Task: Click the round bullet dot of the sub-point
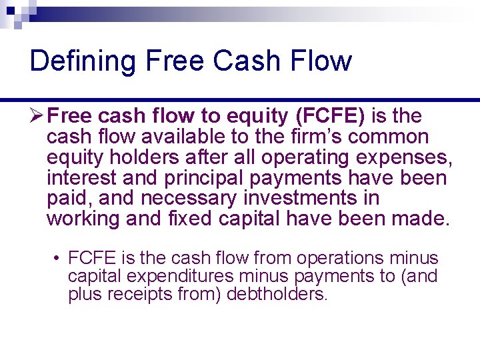click(x=59, y=259)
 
